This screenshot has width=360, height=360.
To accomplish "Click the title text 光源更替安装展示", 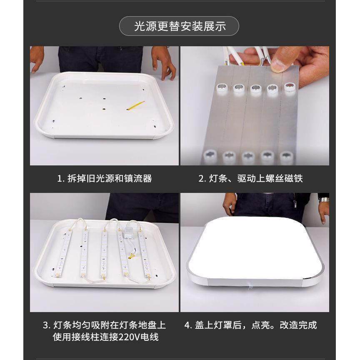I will click(180, 26).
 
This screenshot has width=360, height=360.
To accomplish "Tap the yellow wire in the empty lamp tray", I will click(136, 104).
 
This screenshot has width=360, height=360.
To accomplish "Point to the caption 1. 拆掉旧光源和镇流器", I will click(104, 179).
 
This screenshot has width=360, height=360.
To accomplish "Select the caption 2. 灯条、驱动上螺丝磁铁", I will click(250, 179).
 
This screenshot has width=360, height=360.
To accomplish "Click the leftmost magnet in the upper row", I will click(220, 87).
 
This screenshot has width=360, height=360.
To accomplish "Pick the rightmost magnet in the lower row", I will click(286, 157).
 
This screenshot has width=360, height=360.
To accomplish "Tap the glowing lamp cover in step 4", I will click(254, 246).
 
